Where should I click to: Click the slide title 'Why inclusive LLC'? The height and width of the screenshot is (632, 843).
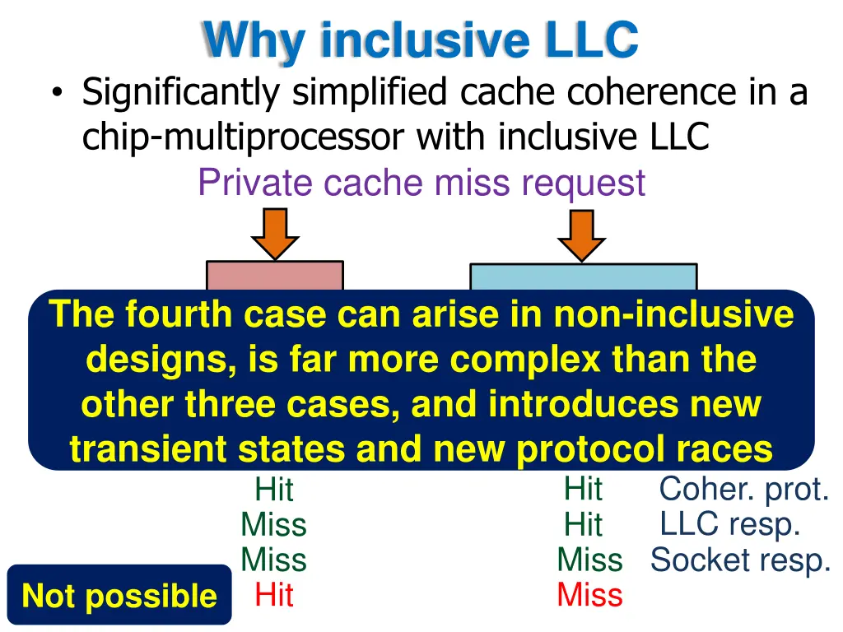421,39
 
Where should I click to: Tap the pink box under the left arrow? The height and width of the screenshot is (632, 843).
274,276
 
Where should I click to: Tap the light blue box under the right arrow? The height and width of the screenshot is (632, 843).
583,277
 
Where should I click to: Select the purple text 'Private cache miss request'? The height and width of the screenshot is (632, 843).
421,182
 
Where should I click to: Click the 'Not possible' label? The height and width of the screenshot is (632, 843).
119,595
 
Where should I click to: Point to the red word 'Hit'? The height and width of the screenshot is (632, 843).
274,594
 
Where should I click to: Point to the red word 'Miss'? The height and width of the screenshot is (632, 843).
589,594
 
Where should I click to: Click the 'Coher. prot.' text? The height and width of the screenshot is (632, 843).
743,489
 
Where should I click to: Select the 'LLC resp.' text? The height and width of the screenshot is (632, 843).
729,523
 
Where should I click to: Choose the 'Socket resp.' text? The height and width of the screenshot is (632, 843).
740,560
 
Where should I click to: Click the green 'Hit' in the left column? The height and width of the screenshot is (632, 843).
274,490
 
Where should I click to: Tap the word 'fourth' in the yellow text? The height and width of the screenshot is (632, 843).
170,315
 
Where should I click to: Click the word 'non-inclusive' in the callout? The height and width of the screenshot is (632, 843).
673,315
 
